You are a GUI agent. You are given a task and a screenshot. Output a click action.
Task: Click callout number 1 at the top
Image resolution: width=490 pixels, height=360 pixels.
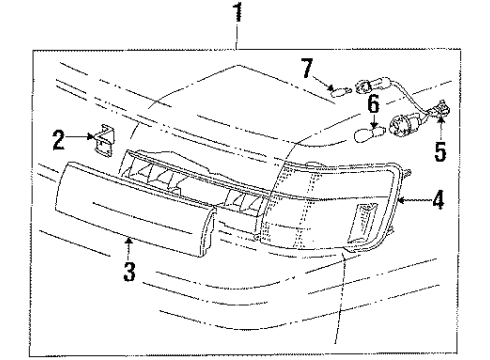point(237,14)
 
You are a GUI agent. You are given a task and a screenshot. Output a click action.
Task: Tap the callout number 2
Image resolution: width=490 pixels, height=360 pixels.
point(59,138)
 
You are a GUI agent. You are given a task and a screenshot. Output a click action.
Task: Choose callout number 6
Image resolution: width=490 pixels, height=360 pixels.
point(371,104)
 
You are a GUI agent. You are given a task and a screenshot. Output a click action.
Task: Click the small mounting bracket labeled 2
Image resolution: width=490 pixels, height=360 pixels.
point(101,140)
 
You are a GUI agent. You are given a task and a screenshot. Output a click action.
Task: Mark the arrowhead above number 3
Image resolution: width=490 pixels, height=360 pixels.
point(128,240)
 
